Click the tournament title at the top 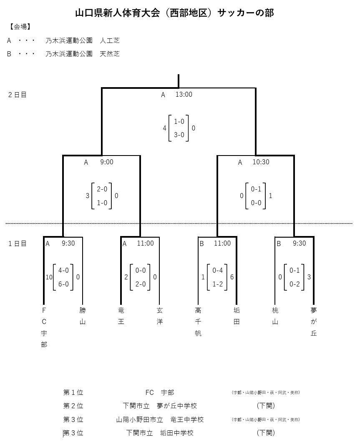pos(174,13)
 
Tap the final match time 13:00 pos(184,95)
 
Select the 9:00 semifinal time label pos(106,162)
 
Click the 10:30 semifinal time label pos(261,162)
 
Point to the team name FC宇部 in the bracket pos(44,327)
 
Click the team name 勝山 pos(83,316)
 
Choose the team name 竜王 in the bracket pos(121,316)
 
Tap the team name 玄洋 pos(160,316)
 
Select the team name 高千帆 pos(198,321)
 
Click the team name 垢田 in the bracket pos(237,316)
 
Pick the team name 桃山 pos(275,316)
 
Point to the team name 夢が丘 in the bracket pos(314,321)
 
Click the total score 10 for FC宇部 pos(49,277)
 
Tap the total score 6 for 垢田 pos(232,277)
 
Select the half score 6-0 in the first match pos(63,284)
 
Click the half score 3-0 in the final pos(179,135)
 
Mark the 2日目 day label pos(18,95)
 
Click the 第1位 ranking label pos(73,392)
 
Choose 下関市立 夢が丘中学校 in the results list pos(160,406)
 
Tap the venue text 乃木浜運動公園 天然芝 pos(83,54)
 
